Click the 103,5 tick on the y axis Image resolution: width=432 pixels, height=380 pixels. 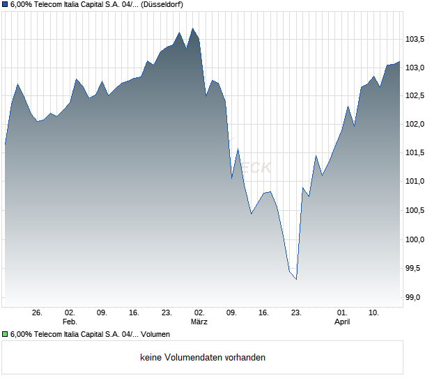coord(416,39)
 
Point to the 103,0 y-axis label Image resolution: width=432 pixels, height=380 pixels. coord(416,68)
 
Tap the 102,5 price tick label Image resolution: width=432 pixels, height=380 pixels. coord(416,96)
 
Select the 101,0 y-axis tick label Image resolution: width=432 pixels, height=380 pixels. coord(416,182)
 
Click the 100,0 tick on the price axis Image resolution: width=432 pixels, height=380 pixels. coord(416,239)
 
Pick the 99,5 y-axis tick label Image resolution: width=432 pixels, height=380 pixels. coord(416,268)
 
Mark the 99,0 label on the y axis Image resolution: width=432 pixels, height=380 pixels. coord(416,297)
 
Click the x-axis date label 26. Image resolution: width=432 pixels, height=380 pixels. coord(38,313)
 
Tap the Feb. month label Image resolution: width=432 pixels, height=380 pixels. coord(70,322)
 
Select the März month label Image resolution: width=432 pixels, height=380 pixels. coord(199,322)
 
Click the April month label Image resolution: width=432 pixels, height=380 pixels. coord(342,322)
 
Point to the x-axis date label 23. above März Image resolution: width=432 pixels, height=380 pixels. coord(167,313)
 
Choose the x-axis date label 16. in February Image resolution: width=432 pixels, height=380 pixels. coord(134,313)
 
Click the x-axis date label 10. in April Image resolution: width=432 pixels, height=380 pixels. coord(374,313)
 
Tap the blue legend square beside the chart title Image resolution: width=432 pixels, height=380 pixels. coord(6,5)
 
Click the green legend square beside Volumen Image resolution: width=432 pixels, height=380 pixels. coord(6,335)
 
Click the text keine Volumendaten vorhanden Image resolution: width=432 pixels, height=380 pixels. coord(203,357)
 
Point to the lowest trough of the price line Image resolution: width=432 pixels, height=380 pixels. coord(296,280)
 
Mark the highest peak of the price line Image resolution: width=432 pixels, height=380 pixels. coord(193,29)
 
